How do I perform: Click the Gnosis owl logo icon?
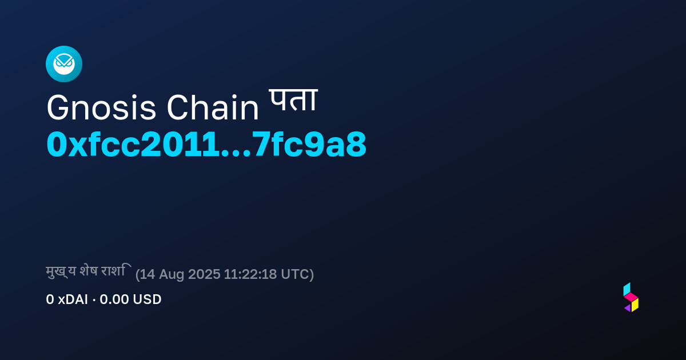click(64, 64)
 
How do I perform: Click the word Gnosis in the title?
click(101, 108)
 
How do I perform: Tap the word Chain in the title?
click(213, 107)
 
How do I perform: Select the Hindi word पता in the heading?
click(293, 101)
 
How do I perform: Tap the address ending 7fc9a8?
click(309, 144)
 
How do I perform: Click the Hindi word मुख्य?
click(61, 271)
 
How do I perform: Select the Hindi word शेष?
click(89, 271)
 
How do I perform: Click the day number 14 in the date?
click(147, 274)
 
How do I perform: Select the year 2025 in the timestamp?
click(204, 274)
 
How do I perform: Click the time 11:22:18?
click(250, 274)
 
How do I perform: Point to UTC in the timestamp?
click(295, 274)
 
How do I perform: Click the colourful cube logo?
click(631, 297)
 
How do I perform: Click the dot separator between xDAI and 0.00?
click(94, 300)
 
